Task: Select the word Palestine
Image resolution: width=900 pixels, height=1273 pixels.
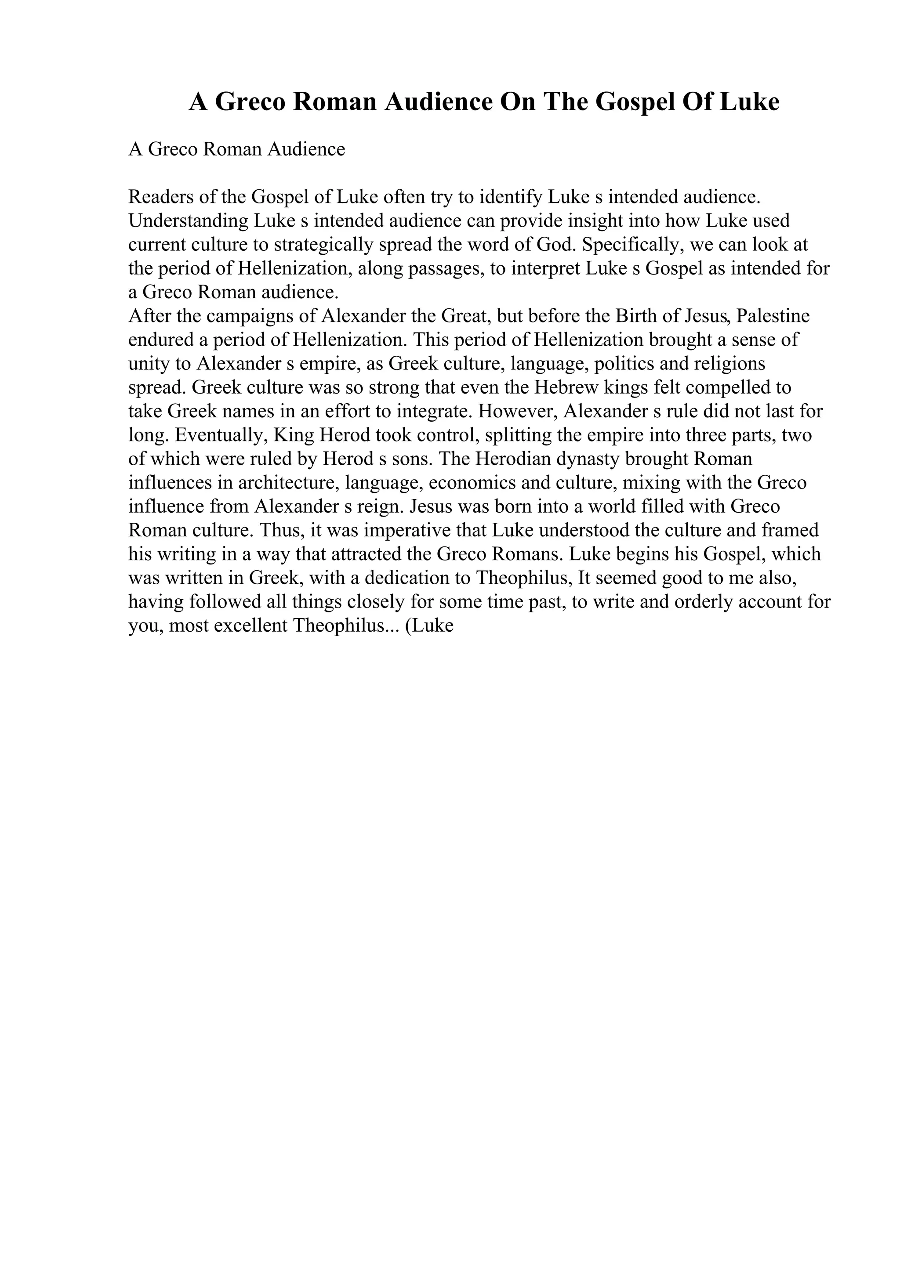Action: [773, 316]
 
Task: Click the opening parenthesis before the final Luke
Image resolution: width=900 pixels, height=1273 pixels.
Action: [409, 626]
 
